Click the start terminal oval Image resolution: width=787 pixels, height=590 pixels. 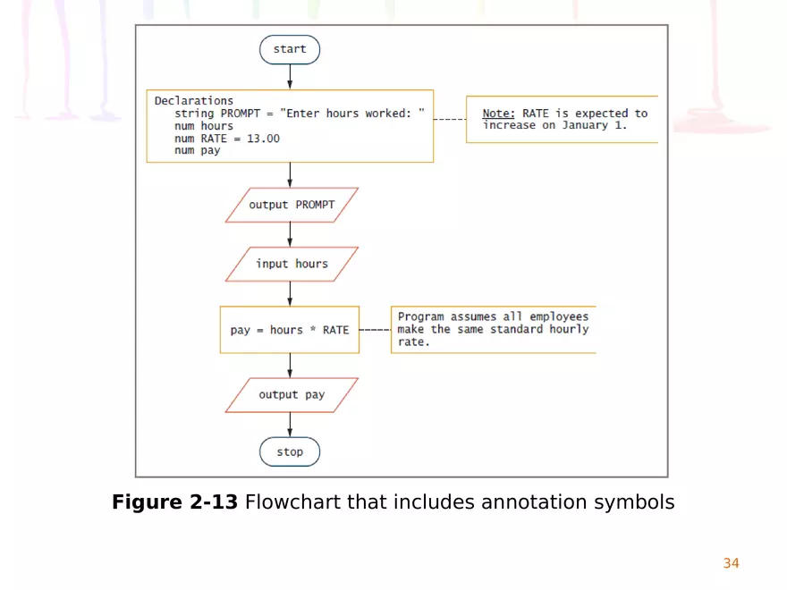point(289,50)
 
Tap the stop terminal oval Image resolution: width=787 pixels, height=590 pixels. point(289,452)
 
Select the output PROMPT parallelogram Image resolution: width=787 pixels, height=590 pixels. point(292,205)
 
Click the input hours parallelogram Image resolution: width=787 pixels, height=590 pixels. point(292,264)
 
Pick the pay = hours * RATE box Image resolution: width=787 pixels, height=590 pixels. point(290,330)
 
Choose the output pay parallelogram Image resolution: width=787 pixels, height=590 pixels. point(292,395)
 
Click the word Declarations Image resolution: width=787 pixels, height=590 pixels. point(194,101)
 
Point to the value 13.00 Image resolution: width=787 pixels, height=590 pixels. point(263,139)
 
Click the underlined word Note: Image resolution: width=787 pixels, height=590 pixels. point(499,114)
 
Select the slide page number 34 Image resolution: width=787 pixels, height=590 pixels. point(731,563)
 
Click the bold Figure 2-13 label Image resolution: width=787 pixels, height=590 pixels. point(175,502)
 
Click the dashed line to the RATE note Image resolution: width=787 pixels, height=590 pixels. point(450,119)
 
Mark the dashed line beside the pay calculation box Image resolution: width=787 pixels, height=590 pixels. point(375,330)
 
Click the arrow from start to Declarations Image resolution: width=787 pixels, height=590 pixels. point(290,77)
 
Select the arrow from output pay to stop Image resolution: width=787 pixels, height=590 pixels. point(290,426)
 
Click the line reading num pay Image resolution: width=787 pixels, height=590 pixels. point(197,151)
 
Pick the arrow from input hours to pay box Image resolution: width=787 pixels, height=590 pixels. point(290,294)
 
